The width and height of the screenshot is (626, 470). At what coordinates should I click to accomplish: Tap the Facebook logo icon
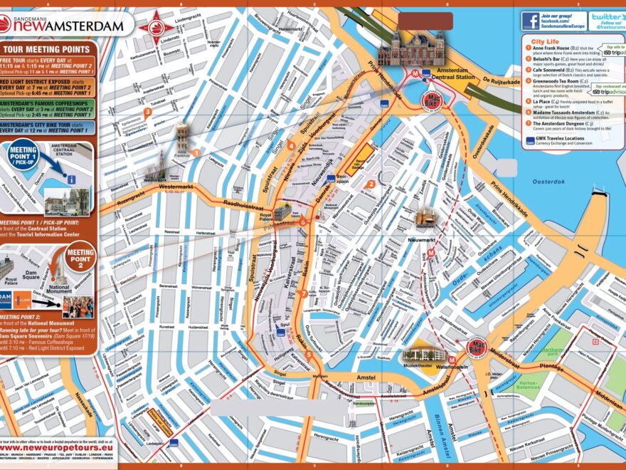point(531,21)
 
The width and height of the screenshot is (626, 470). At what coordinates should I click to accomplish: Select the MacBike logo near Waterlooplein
point(476,348)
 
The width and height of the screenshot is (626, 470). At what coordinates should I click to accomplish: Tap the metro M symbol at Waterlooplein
point(452,360)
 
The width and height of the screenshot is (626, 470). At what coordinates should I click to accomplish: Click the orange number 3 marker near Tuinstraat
point(147,111)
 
